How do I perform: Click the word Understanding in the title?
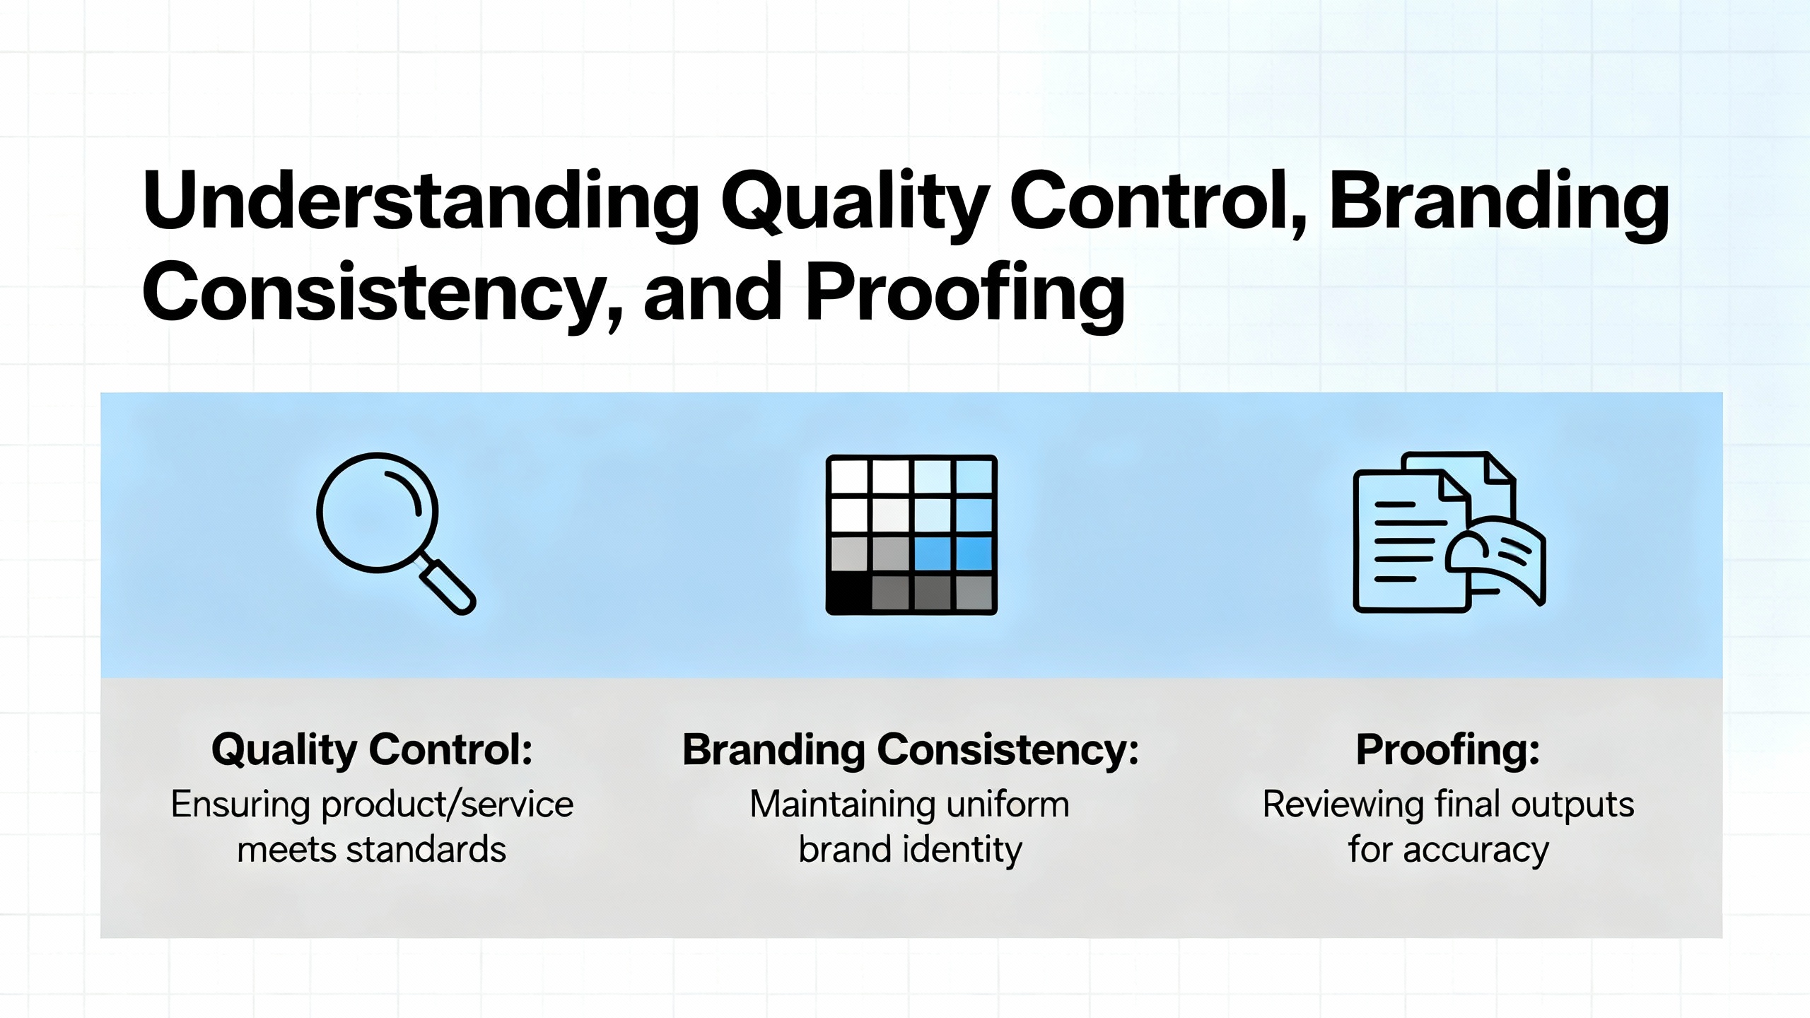pos(421,203)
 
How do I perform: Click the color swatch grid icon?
pos(911,534)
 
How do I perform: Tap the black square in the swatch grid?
pos(849,592)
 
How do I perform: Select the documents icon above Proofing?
pos(1449,532)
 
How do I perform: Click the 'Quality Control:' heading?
pos(372,751)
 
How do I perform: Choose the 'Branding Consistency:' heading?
pos(911,751)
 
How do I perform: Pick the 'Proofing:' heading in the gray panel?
pos(1448,751)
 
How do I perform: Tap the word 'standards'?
pos(426,850)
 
